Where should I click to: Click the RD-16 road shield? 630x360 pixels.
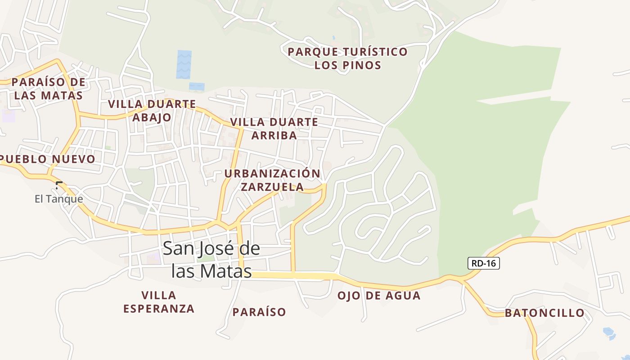coord(484,263)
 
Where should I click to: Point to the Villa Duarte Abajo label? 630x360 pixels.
coord(152,111)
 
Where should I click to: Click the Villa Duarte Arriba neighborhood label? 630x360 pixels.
coord(274,128)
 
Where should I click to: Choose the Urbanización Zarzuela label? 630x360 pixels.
coord(272,180)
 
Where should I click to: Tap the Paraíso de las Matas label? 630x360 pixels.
coord(48,89)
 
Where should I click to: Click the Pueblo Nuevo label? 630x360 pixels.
coord(48,159)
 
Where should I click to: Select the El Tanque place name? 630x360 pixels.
coord(59,199)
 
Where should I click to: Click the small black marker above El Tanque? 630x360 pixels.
coord(58,184)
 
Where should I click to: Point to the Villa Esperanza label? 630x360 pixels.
coord(159,302)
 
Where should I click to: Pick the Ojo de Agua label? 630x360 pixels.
coord(379,296)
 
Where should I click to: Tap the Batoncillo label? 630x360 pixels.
coord(544,313)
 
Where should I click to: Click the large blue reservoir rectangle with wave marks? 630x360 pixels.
coord(184,64)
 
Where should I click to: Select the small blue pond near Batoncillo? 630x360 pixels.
coord(609,332)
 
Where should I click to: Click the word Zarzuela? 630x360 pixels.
coord(272,187)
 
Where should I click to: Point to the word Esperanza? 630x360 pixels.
coord(159,309)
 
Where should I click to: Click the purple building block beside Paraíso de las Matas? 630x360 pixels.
coord(9,116)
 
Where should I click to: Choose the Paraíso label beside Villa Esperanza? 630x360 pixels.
coord(259,312)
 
